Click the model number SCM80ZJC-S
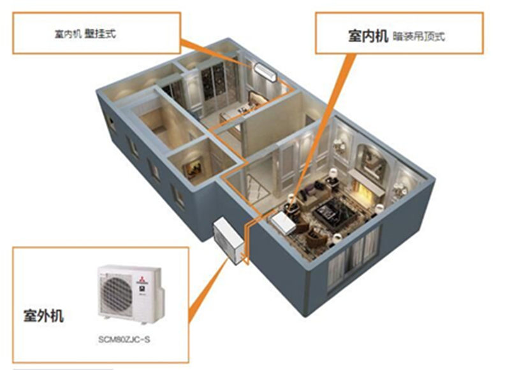point(124,340)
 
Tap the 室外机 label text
point(43,315)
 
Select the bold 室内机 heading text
point(368,36)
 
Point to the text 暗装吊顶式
point(419,36)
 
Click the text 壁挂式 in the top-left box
point(100,34)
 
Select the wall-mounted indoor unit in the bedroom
point(266,72)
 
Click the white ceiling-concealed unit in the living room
point(283,222)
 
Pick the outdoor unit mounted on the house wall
point(228,241)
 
